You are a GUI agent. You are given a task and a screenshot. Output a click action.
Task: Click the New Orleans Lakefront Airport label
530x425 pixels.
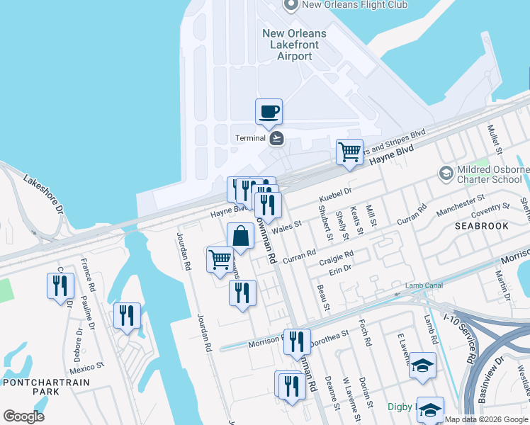click(x=294, y=45)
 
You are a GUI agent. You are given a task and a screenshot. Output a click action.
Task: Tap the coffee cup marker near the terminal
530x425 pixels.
click(x=269, y=112)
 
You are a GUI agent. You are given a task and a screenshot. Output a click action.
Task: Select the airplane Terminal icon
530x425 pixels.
click(x=276, y=138)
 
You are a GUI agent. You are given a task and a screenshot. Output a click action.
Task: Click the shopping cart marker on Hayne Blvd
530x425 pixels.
click(x=349, y=152)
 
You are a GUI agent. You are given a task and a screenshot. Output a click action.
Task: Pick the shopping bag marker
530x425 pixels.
click(x=240, y=237)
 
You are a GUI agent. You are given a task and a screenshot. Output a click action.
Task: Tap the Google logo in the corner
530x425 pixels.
click(x=23, y=416)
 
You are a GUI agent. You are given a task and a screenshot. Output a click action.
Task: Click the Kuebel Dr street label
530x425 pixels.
click(x=336, y=193)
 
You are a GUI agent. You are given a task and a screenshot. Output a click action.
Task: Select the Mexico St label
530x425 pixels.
click(x=87, y=368)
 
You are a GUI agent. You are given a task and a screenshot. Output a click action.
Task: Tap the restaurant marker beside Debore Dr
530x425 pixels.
click(x=60, y=286)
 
